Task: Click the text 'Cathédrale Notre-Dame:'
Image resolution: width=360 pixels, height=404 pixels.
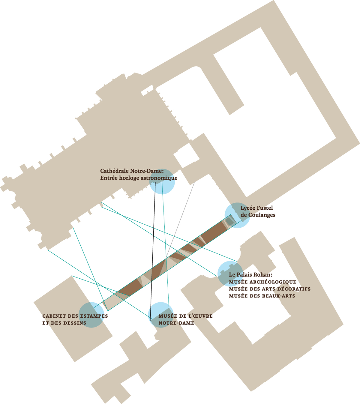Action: pyautogui.click(x=132, y=171)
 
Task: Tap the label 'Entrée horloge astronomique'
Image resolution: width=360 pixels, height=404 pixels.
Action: pyautogui.click(x=139, y=178)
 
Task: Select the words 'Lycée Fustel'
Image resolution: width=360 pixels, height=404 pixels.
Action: pyautogui.click(x=256, y=208)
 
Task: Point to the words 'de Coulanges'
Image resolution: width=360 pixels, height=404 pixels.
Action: pyautogui.click(x=258, y=215)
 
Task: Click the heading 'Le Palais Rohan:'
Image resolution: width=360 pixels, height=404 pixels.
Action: pyautogui.click(x=250, y=275)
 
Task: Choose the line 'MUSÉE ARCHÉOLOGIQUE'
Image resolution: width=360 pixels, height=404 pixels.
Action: pyautogui.click(x=262, y=282)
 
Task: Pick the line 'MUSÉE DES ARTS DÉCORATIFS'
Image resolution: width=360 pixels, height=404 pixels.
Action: pyautogui.click(x=270, y=289)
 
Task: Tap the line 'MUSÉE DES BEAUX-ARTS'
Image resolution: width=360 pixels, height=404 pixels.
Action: pyautogui.click(x=262, y=296)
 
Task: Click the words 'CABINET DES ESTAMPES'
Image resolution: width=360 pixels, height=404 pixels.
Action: pyautogui.click(x=75, y=316)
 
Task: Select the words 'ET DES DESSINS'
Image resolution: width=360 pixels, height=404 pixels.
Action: pyautogui.click(x=64, y=323)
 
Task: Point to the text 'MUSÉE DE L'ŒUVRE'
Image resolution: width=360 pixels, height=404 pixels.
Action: pyautogui.click(x=185, y=316)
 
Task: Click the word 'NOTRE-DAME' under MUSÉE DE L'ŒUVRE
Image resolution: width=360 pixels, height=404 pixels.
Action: pyautogui.click(x=176, y=323)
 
